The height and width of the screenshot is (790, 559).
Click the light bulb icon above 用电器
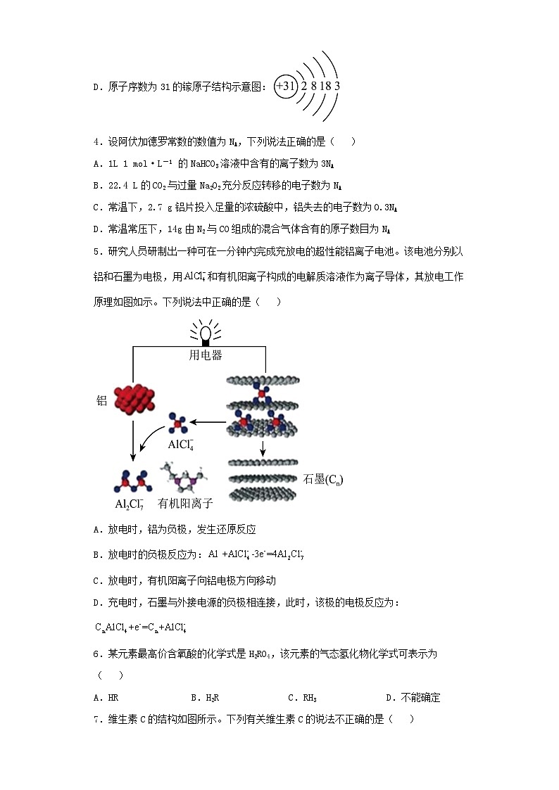coord(206,332)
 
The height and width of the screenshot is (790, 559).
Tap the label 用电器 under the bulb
coord(206,355)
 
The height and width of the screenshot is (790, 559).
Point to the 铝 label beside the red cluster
coord(101,400)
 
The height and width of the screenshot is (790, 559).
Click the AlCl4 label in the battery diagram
coord(180,445)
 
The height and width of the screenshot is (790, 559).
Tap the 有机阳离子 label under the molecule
coord(185,504)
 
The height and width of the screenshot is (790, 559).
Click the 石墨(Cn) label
coord(323,479)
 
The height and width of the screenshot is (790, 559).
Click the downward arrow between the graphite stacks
coord(263,449)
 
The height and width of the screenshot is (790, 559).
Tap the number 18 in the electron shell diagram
coord(325,86)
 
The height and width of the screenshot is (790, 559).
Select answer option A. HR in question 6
coord(106,698)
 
